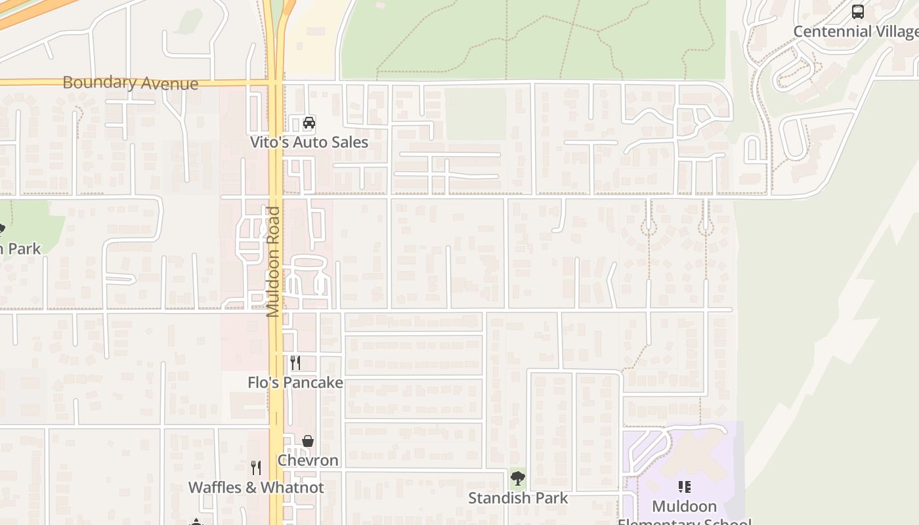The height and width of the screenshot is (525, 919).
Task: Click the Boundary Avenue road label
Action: [x=130, y=83]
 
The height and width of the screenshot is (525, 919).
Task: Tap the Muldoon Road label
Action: [x=274, y=262]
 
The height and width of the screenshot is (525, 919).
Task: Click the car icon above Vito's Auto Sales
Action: [x=309, y=123]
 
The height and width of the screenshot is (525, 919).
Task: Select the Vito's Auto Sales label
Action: [x=309, y=142]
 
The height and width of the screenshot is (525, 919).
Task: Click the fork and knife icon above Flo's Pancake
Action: [x=295, y=363]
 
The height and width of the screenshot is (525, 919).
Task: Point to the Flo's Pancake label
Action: [x=295, y=382]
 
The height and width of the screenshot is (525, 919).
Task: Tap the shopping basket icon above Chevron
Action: [x=308, y=441]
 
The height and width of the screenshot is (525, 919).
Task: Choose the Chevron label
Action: [x=308, y=460]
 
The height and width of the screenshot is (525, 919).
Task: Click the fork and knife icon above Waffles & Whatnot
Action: [x=256, y=468]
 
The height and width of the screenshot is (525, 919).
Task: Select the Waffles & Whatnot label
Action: [x=256, y=488]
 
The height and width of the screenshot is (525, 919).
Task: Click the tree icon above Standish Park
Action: [x=518, y=478]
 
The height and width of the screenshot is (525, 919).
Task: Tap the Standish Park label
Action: [x=518, y=498]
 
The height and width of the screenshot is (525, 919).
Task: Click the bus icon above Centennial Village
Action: [x=858, y=12]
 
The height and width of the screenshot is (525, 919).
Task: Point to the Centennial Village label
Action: [x=855, y=31]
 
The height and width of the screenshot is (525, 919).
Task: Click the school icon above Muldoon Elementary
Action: [x=685, y=487]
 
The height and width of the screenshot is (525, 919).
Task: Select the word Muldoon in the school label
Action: [x=685, y=507]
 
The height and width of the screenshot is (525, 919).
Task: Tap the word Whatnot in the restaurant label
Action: [x=292, y=488]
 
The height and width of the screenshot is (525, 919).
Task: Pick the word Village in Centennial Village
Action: [x=895, y=31]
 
